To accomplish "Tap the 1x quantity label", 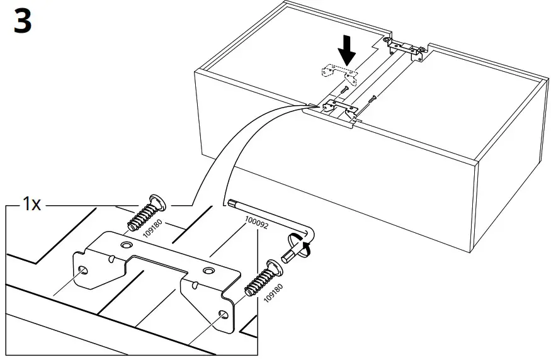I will point(32,205).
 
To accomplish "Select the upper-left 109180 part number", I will point(149,231).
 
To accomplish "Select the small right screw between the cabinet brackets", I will point(373,98).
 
